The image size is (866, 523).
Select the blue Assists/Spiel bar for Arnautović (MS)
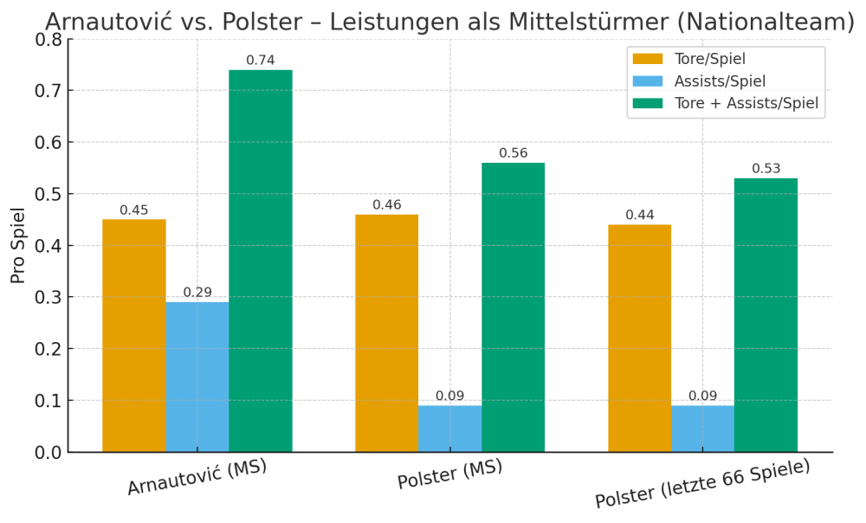click(197, 377)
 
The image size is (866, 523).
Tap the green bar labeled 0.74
click(261, 261)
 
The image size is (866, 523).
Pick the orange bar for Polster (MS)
click(386, 333)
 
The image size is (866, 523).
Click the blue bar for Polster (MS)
click(449, 429)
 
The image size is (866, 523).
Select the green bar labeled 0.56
click(513, 307)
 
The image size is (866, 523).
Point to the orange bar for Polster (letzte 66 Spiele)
click(639, 338)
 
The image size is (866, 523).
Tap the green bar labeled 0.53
click(766, 315)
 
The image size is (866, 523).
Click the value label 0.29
click(197, 293)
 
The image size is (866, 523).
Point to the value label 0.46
click(386, 205)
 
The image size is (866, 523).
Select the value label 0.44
click(639, 216)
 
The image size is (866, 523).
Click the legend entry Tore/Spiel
click(709, 59)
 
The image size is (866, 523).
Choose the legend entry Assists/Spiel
click(720, 81)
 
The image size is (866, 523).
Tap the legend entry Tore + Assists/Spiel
click(746, 104)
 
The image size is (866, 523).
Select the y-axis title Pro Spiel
click(18, 245)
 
